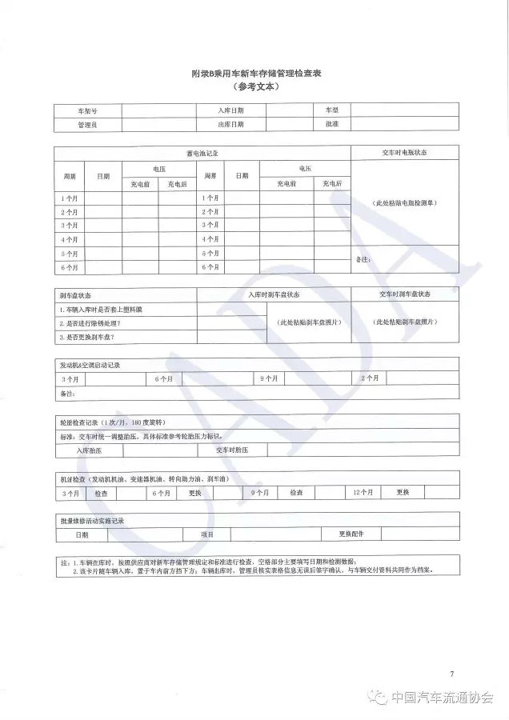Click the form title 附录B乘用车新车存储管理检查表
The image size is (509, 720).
coord(256,74)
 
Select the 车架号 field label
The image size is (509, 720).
coord(87,110)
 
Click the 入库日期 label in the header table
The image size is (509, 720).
coord(230,110)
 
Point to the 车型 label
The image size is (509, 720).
coord(331,110)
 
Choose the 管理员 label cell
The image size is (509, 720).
coord(87,125)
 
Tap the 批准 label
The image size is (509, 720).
coord(331,125)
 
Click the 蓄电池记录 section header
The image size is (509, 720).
coord(202,153)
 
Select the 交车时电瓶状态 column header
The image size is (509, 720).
coord(404,153)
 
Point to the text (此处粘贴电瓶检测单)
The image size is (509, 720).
coord(404,203)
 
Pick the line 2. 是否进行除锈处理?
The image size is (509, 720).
coord(94,323)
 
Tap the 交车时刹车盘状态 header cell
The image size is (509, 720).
coord(404,294)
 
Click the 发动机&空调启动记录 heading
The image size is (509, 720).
coord(90,365)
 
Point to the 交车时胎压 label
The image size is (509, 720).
coord(232,450)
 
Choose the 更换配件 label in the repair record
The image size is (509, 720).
coord(351,534)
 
